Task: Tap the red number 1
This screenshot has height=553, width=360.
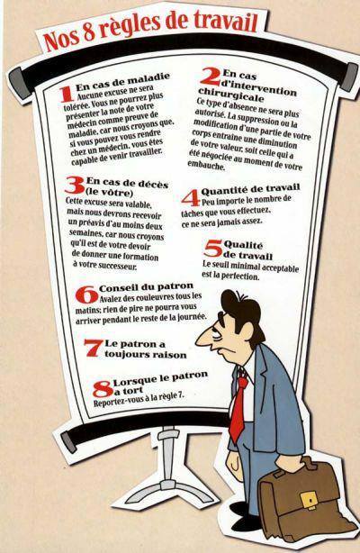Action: click(x=67, y=95)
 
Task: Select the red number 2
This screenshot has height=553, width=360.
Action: click(x=211, y=77)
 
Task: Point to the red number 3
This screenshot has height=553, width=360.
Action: click(x=75, y=186)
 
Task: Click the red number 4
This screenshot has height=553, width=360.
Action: click(x=191, y=198)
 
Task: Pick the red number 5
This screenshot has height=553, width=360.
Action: click(x=213, y=249)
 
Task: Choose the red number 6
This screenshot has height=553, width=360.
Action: click(x=86, y=295)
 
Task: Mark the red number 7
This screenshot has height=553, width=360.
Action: click(x=94, y=348)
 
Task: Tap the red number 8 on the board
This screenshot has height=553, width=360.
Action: click(x=103, y=389)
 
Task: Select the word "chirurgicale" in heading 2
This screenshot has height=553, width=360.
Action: click(x=231, y=95)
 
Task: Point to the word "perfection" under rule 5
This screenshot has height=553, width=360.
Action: click(x=239, y=276)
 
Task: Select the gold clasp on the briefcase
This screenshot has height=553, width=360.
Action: click(x=308, y=501)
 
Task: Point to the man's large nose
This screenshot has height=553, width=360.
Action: click(x=203, y=338)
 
